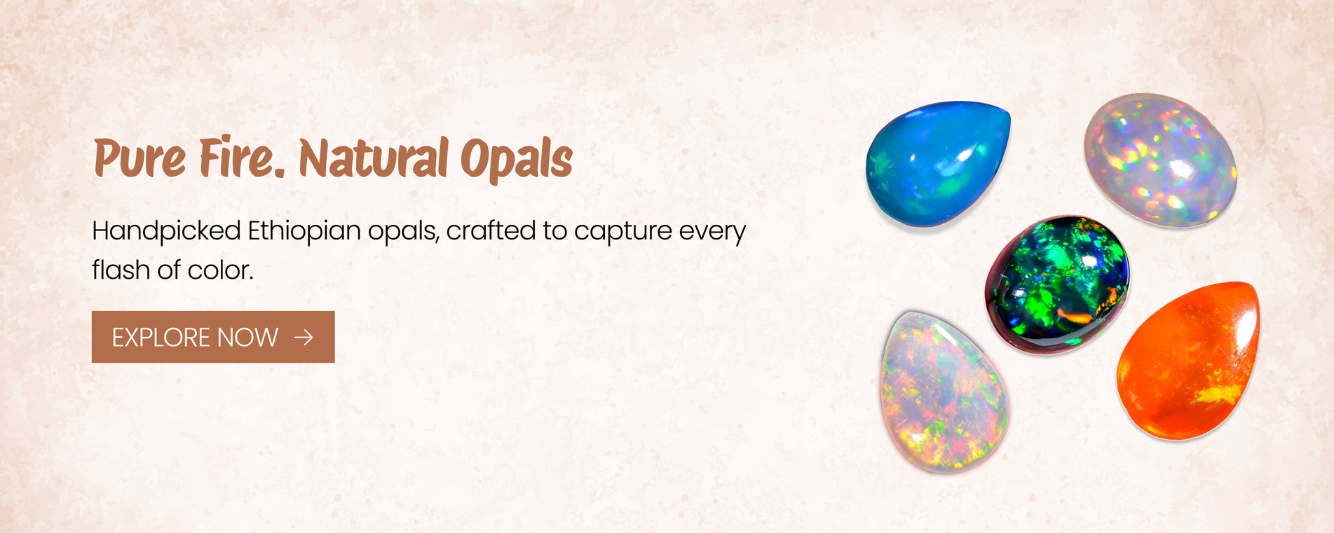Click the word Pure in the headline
(x=139, y=158)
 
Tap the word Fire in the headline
(x=238, y=156)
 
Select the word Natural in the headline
(x=374, y=157)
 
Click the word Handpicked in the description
(x=166, y=231)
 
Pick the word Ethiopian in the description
(x=304, y=231)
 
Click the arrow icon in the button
(x=304, y=338)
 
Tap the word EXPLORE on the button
(x=161, y=338)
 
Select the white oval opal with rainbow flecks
(x=1161, y=160)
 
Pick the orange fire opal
(x=1187, y=360)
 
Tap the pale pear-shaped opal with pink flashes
(x=944, y=392)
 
